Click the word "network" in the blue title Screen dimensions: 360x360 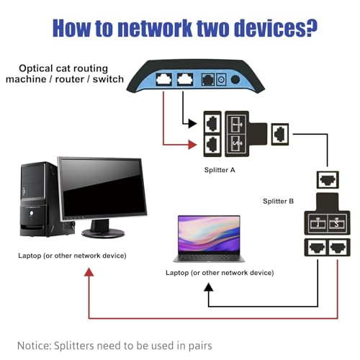tap(155, 28)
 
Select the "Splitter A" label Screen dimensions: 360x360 tap(220, 170)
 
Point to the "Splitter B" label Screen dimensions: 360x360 tap(278, 201)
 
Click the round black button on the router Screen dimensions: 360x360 tap(235, 79)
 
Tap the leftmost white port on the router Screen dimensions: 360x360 tap(164, 79)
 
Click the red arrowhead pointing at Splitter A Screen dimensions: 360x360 tap(192, 145)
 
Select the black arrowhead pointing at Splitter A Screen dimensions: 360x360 tap(192, 123)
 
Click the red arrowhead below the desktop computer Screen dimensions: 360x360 tap(89, 272)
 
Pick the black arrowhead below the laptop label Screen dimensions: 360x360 tap(209, 287)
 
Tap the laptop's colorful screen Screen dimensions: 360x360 tap(209, 234)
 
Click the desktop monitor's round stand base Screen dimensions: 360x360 tap(103, 233)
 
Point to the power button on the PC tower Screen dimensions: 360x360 tap(32, 213)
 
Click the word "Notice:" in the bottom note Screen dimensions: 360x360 tap(34, 346)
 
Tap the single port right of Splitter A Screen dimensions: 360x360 tap(280, 134)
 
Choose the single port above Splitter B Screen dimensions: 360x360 tap(328, 180)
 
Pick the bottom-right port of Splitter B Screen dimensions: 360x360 tap(338, 247)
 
